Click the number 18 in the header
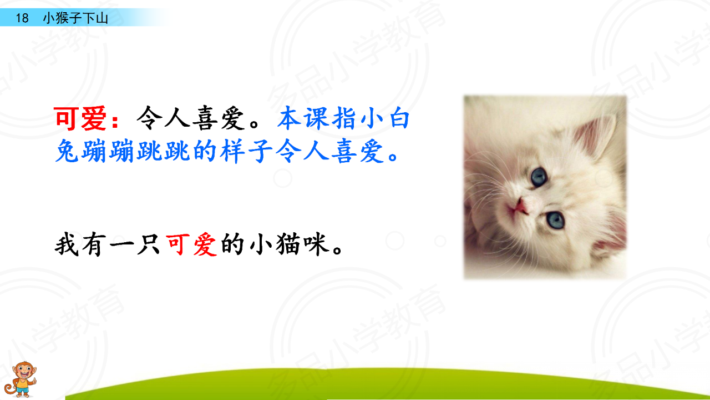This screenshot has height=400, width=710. point(22,18)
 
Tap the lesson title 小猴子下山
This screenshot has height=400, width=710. point(75,18)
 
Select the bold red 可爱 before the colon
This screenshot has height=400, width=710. point(80,118)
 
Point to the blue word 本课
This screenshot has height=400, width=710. point(303,118)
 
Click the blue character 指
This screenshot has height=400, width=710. point(343,118)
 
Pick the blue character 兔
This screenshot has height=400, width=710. point(67,151)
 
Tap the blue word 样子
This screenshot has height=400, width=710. point(246,151)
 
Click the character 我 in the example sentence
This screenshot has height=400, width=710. point(67,244)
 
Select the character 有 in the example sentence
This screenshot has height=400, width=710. point(94,244)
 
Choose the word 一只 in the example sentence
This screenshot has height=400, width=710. point(134,244)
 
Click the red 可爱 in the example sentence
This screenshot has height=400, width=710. point(191,244)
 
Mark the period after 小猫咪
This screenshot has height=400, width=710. point(337,249)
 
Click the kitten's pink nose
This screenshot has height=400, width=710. point(520,207)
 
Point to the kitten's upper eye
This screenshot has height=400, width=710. point(539,177)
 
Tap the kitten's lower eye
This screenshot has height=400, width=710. point(555,219)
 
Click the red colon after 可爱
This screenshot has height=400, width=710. point(115,121)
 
